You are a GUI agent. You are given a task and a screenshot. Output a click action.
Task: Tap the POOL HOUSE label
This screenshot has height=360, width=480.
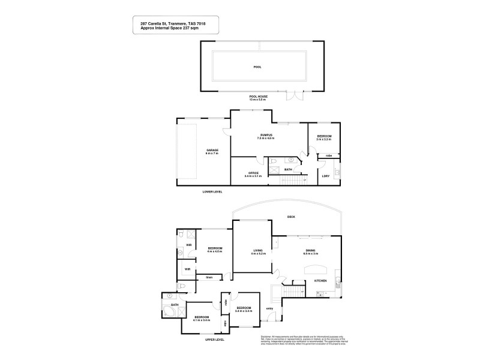[259, 96]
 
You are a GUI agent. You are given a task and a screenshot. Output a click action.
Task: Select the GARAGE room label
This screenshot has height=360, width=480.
[212, 150]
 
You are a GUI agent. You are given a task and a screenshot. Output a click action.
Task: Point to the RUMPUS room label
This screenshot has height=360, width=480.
[267, 135]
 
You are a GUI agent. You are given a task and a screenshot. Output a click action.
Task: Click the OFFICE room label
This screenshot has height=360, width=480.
[253, 173]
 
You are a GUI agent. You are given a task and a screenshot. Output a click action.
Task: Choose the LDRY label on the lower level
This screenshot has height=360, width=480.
[326, 176]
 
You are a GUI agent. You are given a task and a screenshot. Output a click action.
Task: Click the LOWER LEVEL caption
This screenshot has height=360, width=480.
[212, 192]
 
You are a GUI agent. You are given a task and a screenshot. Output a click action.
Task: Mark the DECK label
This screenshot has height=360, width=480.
[292, 217]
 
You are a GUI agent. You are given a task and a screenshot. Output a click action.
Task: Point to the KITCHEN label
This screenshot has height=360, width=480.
[320, 281]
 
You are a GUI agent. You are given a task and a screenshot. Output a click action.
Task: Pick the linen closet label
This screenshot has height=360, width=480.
[209, 277]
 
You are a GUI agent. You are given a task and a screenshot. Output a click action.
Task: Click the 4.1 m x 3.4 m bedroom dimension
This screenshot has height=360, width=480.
[201, 320]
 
